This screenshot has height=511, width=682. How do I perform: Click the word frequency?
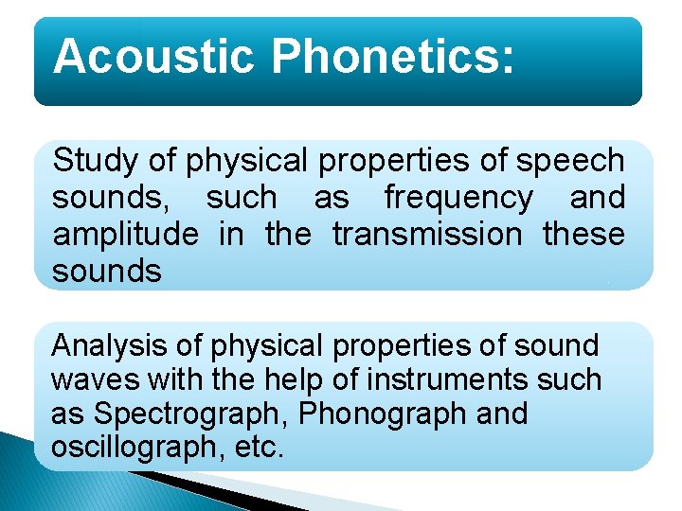pyautogui.click(x=458, y=198)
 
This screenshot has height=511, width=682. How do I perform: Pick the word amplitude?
pyautogui.click(x=125, y=235)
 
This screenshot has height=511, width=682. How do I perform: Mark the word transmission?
pyautogui.click(x=426, y=235)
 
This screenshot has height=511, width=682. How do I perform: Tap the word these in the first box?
pyautogui.click(x=583, y=235)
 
